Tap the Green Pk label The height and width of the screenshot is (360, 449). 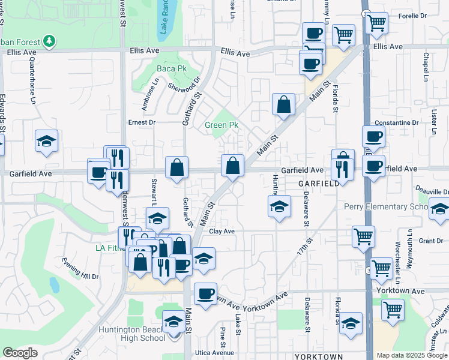pyautogui.click(x=221, y=125)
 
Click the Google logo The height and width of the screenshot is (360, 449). pyautogui.click(x=20, y=353)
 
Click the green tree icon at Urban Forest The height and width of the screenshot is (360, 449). pyautogui.click(x=48, y=41)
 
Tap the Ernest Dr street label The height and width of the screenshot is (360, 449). pyautogui.click(x=142, y=122)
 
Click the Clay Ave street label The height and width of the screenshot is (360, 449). pyautogui.click(x=221, y=231)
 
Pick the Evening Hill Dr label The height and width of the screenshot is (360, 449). pyautogui.click(x=80, y=269)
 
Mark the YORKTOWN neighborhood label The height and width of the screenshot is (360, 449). pyautogui.click(x=318, y=357)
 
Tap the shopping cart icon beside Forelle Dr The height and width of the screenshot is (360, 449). pyautogui.click(x=376, y=23)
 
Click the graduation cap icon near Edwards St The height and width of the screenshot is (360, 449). pyautogui.click(x=46, y=141)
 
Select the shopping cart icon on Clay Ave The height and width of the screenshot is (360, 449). pyautogui.click(x=363, y=236)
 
